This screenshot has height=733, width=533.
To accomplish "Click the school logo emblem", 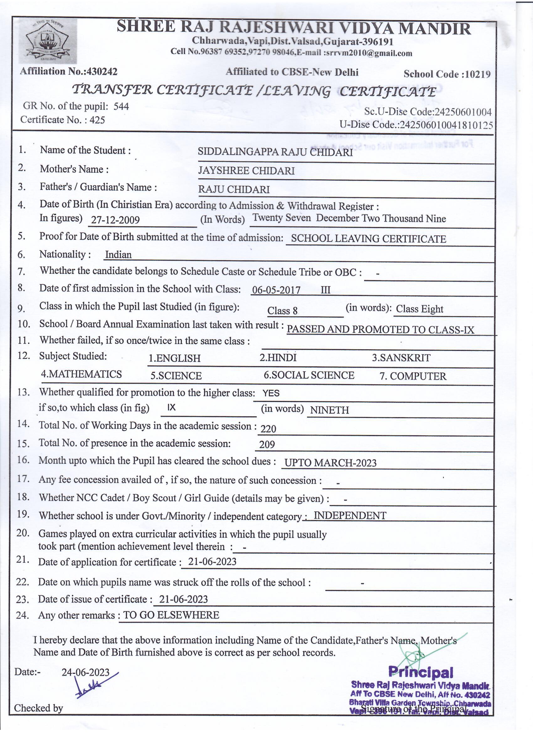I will coord(48,41).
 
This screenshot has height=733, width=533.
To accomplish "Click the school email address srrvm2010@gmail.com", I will coord(368,53).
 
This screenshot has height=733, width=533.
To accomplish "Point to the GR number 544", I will coord(121,106).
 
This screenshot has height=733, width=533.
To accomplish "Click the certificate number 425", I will coord(97,120).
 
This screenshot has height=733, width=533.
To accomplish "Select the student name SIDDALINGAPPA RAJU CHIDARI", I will coord(275,152).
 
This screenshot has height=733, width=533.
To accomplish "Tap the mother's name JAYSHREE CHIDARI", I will coord(246,171).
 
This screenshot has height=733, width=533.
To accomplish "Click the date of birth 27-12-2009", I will coord(115,220).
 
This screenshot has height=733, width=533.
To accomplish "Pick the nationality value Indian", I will coord(118,255).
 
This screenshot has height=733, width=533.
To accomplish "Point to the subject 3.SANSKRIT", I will coord(401,358).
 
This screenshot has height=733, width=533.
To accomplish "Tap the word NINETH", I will coord(330,410).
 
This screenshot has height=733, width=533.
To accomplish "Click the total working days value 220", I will coord(268,429).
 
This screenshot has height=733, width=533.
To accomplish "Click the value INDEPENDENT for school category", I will coord(350,515).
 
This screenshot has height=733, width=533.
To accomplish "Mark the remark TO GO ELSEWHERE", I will coord(171,615).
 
